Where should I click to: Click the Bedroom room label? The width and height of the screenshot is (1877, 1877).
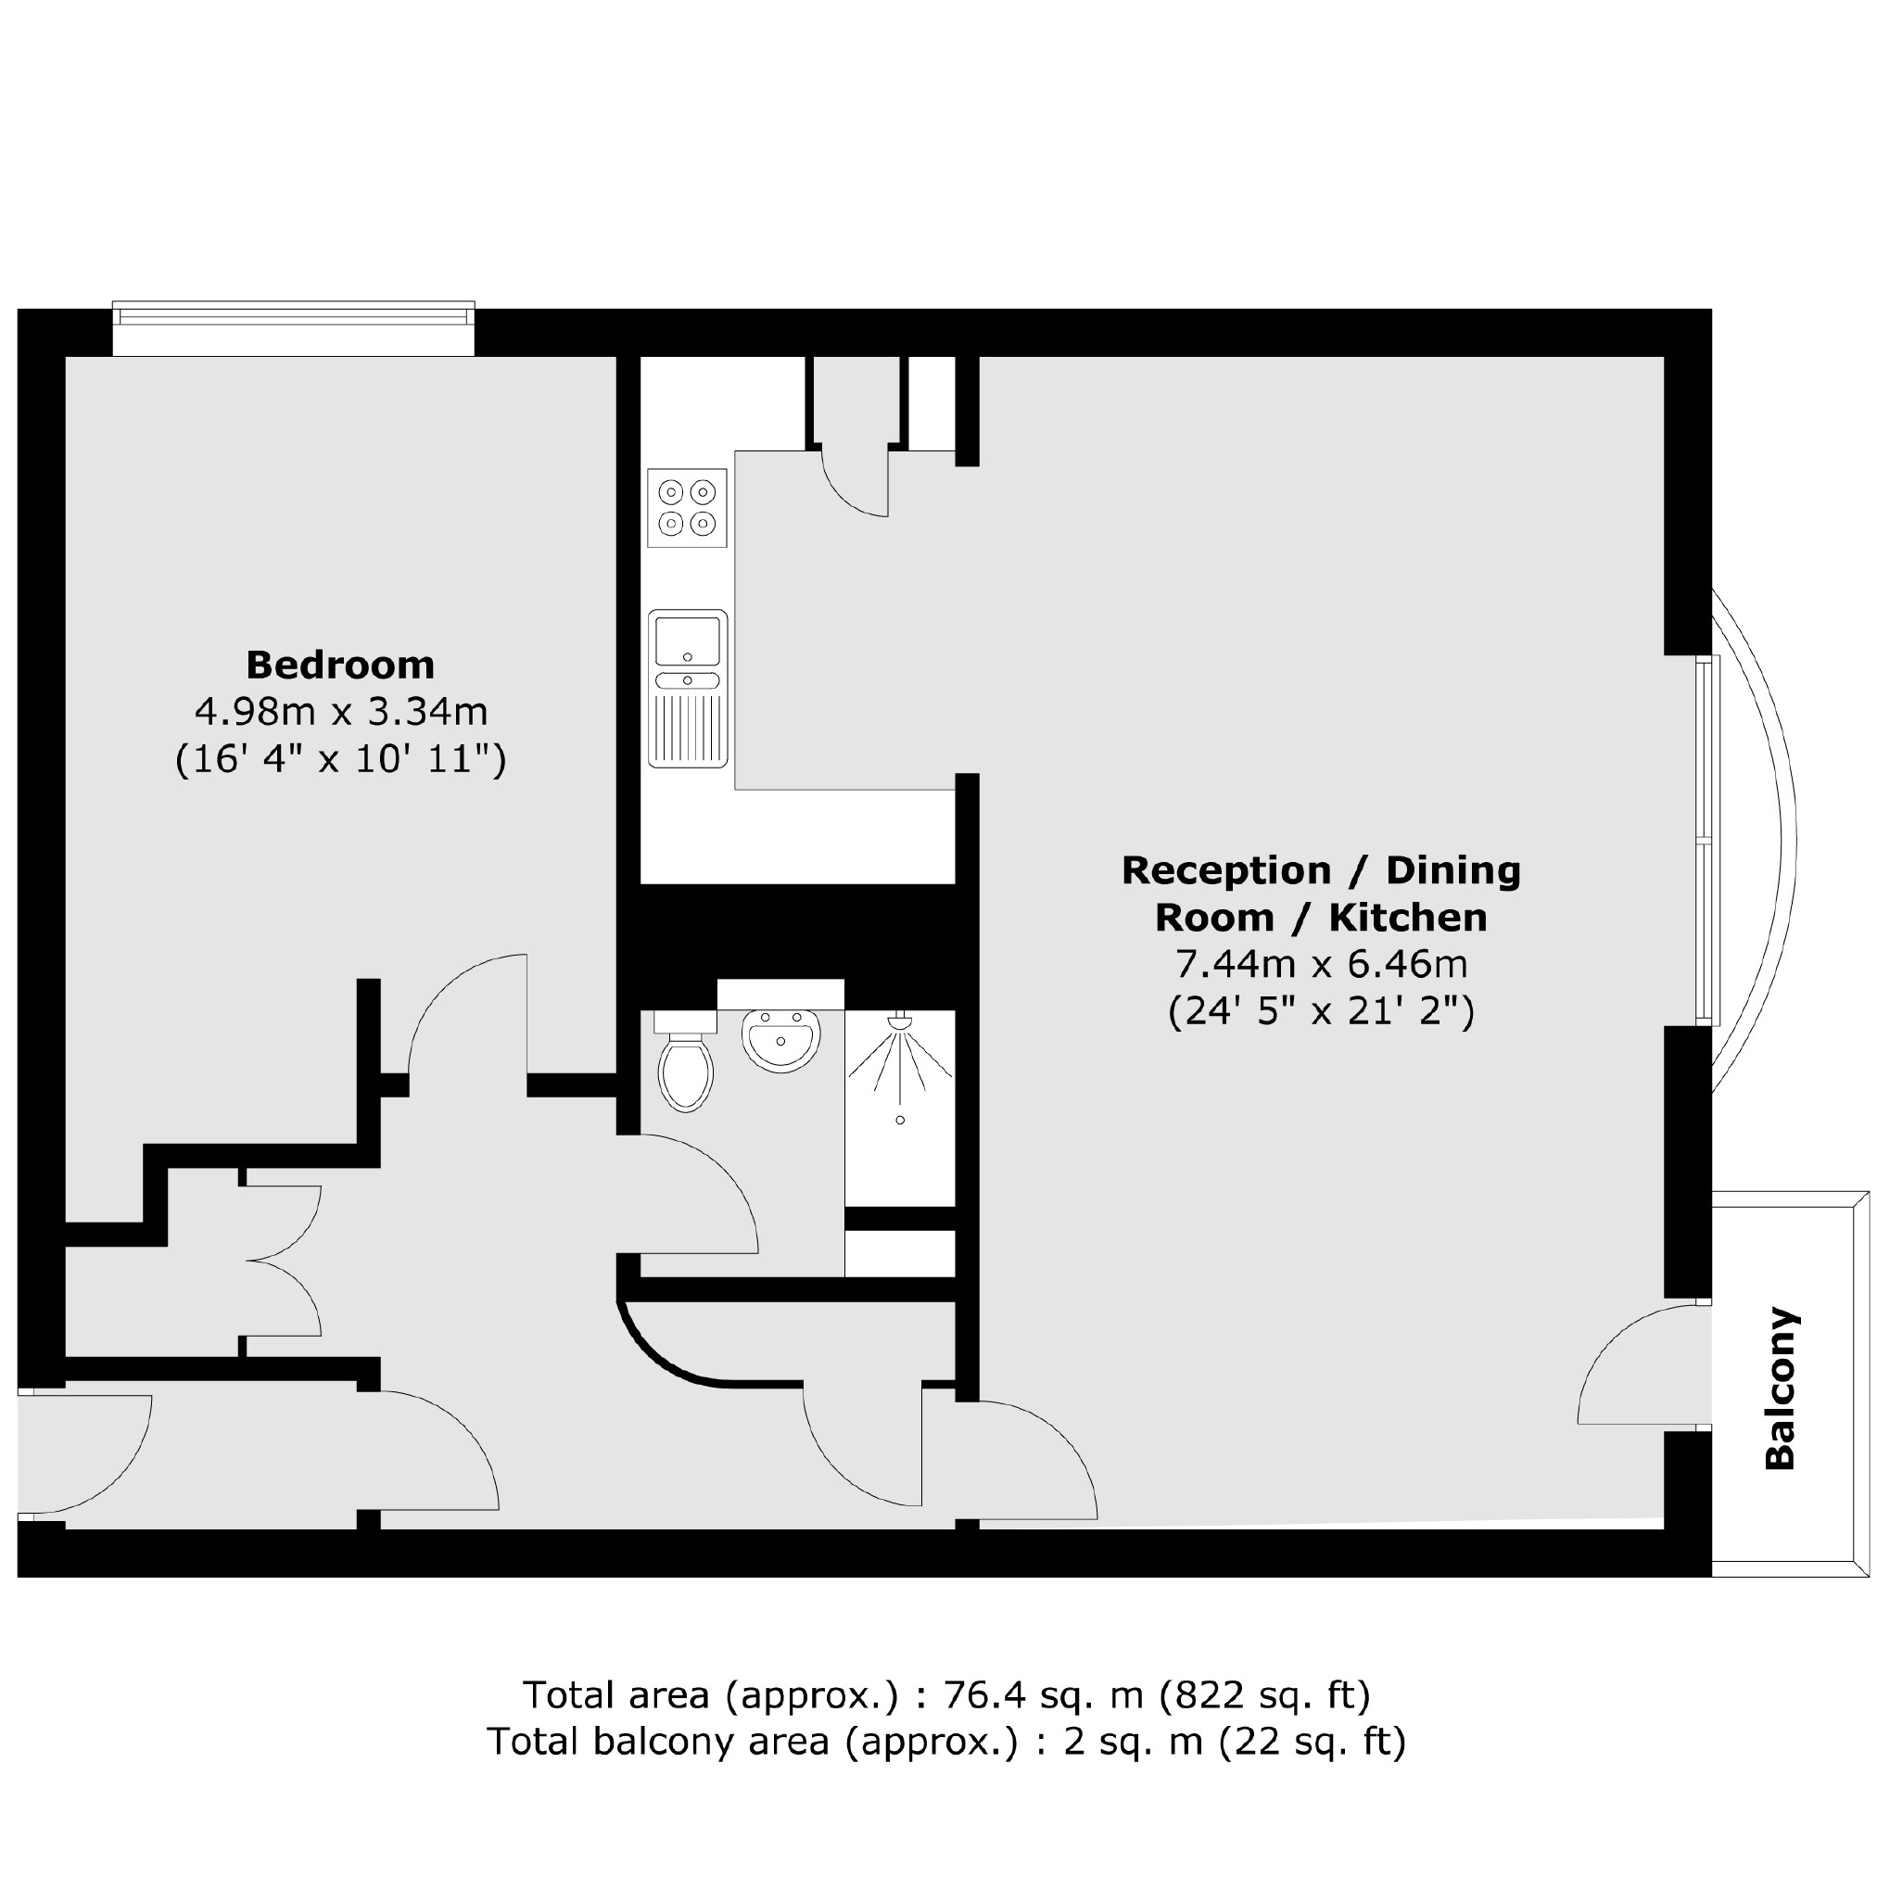[340, 666]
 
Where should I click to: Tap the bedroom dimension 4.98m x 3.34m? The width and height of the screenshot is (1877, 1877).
[341, 712]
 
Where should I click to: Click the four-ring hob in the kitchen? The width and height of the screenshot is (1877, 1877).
[687, 507]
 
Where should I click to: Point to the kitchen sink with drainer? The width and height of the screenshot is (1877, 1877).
[687, 688]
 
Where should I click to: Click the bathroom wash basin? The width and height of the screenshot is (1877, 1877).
[780, 1038]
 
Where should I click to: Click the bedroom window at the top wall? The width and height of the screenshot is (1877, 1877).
[294, 328]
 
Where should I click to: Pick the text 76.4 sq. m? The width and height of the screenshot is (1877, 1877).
[1046, 1695]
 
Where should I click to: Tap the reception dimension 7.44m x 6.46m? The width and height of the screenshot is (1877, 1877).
[1321, 965]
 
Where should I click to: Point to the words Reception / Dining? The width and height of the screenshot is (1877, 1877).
[1321, 870]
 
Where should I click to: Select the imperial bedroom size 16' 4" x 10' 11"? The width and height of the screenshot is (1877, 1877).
[341, 759]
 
